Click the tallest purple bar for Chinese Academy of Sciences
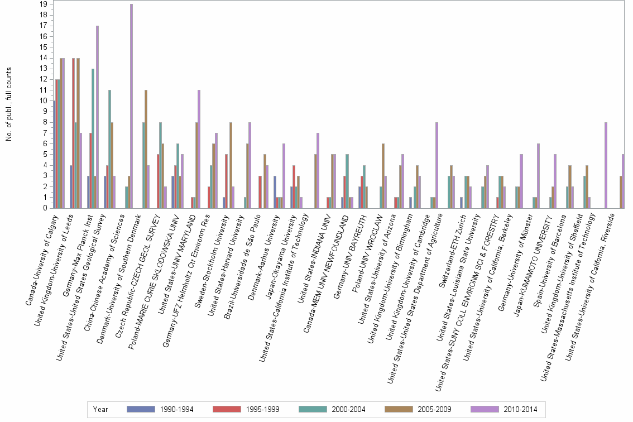pos(131,106)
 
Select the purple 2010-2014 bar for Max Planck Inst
pos(97,117)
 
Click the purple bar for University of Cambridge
pos(437,165)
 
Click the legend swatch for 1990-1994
pos(141,409)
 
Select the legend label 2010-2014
pos(520,409)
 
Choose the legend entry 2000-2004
pos(348,409)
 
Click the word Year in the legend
pos(100,409)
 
